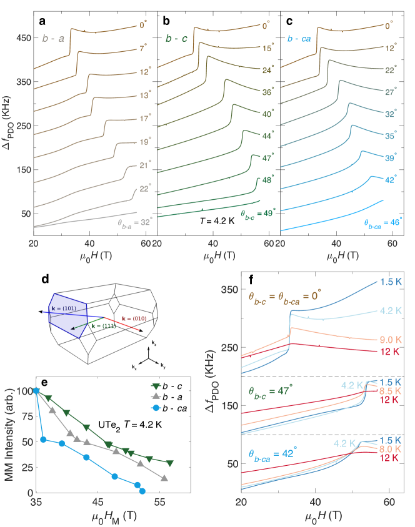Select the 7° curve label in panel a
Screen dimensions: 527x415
coord(143,48)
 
